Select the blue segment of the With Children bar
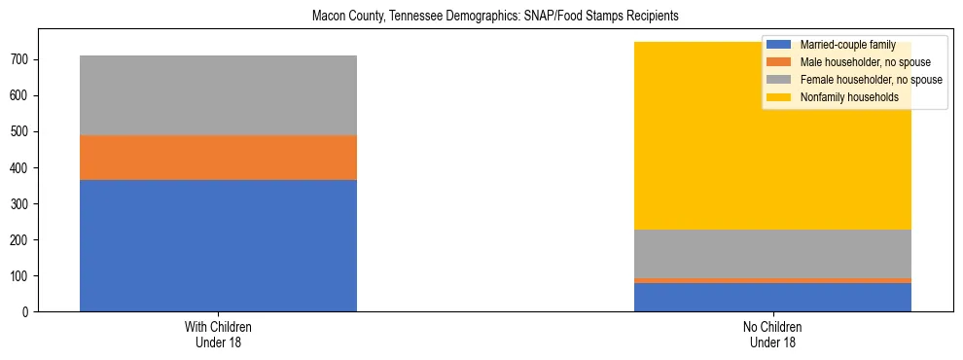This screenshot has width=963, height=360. click(218, 245)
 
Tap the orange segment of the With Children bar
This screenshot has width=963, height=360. click(218, 158)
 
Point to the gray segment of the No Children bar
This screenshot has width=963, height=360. click(772, 254)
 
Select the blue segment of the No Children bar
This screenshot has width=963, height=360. click(772, 297)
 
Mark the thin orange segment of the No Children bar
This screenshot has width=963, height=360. click(772, 280)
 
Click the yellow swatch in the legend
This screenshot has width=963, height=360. click(779, 97)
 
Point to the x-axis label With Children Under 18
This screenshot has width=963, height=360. click(218, 334)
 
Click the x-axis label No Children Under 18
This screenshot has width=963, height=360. click(772, 334)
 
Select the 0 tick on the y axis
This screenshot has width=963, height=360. click(29, 312)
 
